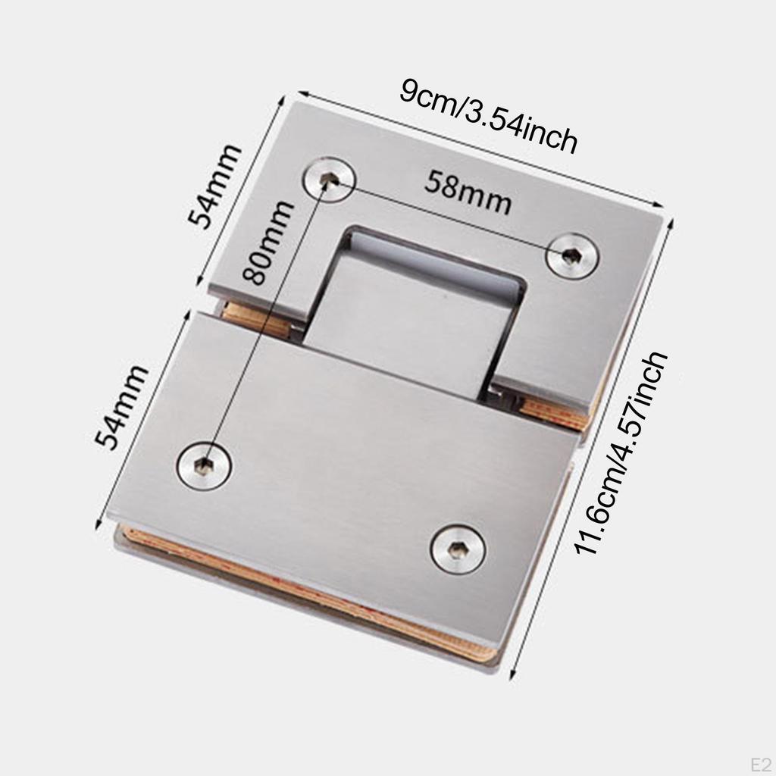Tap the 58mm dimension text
[x=467, y=192]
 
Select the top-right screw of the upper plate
[x=572, y=256]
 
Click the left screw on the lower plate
[x=204, y=464]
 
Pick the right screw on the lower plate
[x=458, y=548]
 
